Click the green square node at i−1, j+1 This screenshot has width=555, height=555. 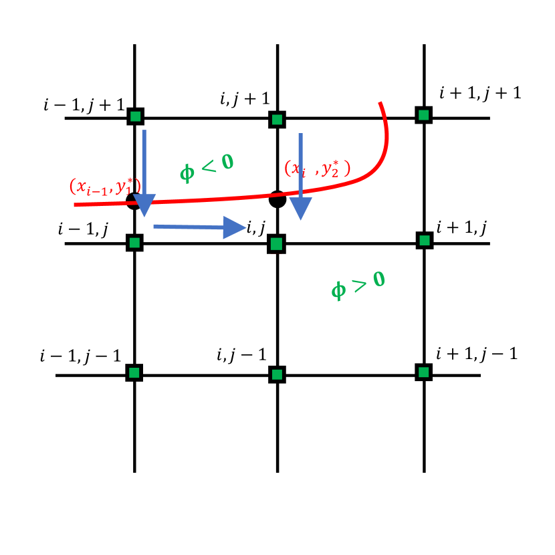pyautogui.click(x=135, y=117)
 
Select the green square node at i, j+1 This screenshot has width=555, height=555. pyautogui.click(x=276, y=120)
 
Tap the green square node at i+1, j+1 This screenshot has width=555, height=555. pyautogui.click(x=423, y=115)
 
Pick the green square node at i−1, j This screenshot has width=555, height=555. pyautogui.click(x=134, y=242)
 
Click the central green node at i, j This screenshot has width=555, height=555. pyautogui.click(x=276, y=243)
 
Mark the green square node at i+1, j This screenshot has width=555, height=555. pyautogui.click(x=423, y=239)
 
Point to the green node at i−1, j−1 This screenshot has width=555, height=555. pyautogui.click(x=134, y=372)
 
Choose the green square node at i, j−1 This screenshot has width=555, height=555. pyautogui.click(x=276, y=374)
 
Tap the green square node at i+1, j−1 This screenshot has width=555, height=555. pyautogui.click(x=423, y=371)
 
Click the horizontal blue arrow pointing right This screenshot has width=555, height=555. pyautogui.click(x=198, y=227)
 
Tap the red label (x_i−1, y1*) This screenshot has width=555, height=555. pyautogui.click(x=105, y=187)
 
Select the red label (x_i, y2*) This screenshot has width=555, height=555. pyautogui.click(x=317, y=169)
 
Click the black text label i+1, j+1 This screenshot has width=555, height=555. pyautogui.click(x=479, y=93)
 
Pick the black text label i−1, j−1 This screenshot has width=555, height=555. pyautogui.click(x=80, y=355)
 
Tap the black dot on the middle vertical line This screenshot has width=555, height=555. pyautogui.click(x=277, y=199)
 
